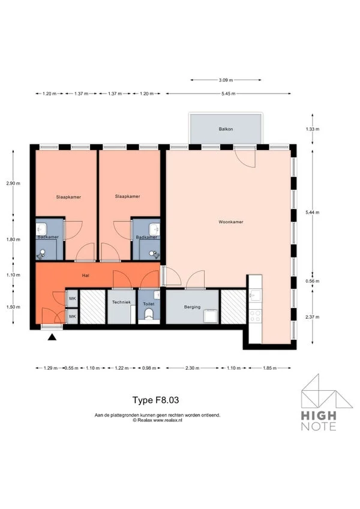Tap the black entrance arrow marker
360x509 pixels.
pyautogui.click(x=52, y=337)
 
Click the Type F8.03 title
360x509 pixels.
pyautogui.click(x=155, y=399)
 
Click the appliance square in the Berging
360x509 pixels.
pyautogui.click(x=211, y=316)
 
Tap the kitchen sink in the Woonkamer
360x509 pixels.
pyautogui.click(x=255, y=294)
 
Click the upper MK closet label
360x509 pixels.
pyautogui.click(x=72, y=298)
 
